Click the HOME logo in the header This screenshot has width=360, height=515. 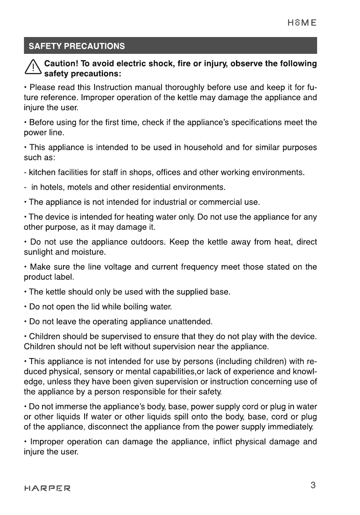coord(302,23)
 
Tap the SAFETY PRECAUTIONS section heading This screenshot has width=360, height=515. coord(77,46)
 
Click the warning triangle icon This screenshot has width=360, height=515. coord(32,69)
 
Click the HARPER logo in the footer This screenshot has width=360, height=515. coord(48,488)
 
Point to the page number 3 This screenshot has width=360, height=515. coord(313,486)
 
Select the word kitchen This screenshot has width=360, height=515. coord(40,173)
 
